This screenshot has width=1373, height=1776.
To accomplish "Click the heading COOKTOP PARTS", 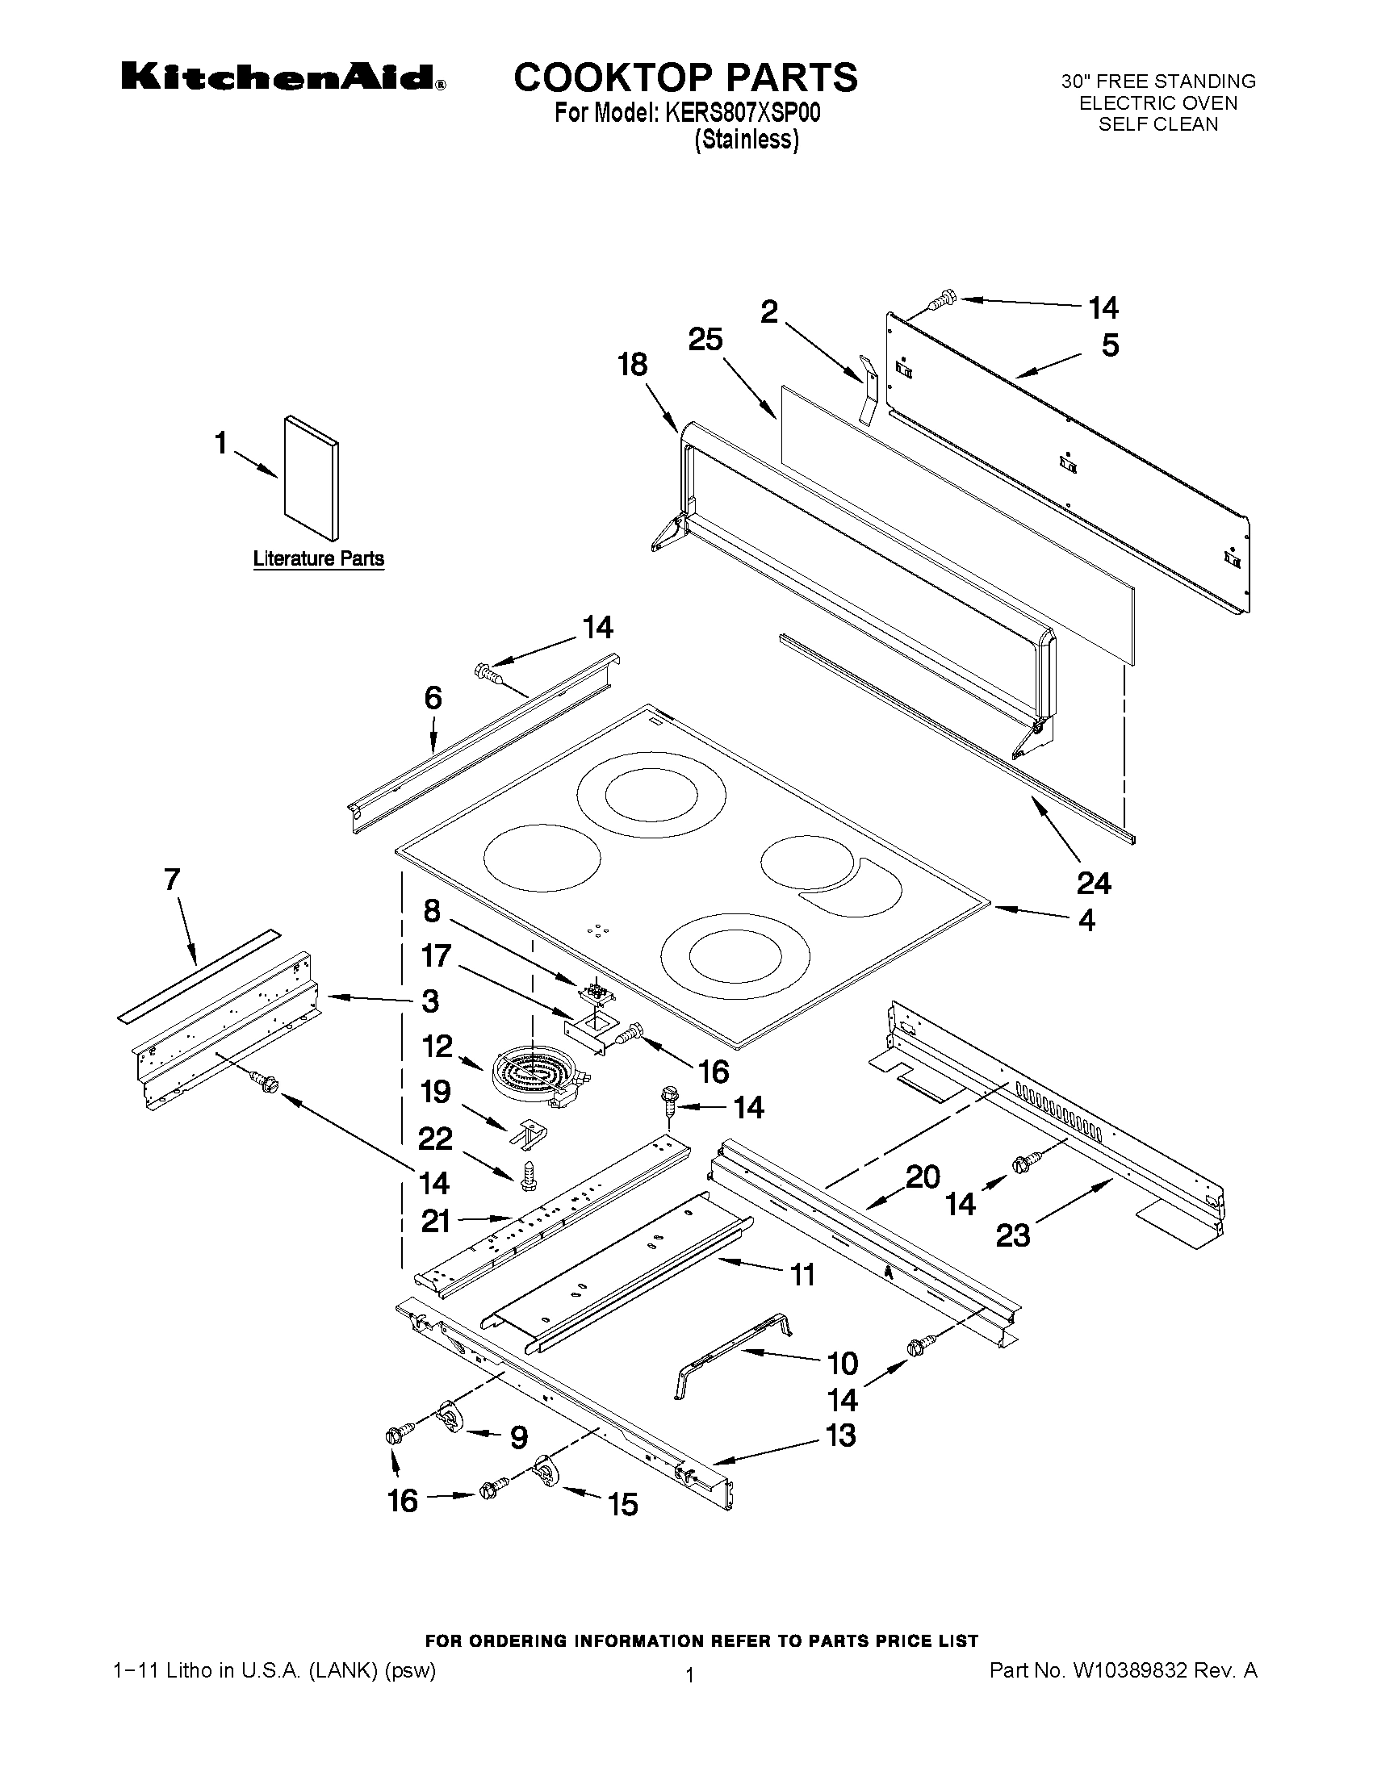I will (685, 77).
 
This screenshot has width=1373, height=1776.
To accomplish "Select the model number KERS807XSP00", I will (743, 113).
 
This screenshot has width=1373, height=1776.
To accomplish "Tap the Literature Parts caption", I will (318, 558).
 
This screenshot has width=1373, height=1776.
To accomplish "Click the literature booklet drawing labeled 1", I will (312, 478).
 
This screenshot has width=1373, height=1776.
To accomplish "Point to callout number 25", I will (705, 340).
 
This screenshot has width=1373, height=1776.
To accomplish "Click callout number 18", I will (632, 364).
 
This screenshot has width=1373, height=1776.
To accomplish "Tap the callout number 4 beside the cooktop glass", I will (1086, 921).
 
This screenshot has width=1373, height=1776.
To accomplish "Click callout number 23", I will (1013, 1236).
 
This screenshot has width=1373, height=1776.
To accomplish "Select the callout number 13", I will (841, 1435).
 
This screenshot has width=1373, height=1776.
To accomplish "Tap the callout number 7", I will (172, 880).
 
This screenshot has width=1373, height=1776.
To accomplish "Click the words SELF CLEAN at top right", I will (1158, 124).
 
